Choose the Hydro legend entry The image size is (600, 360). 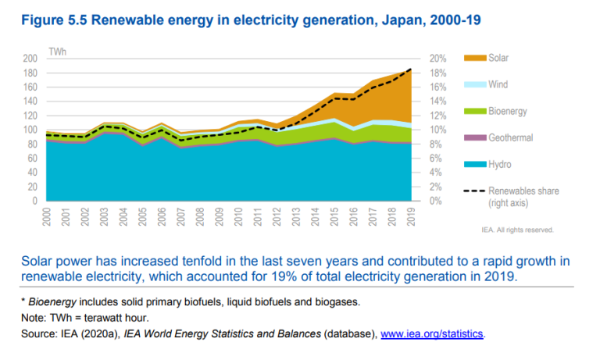click(500, 164)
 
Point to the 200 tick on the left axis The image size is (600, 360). click(31, 59)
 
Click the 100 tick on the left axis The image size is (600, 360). click(31, 130)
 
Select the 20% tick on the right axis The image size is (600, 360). click(436, 59)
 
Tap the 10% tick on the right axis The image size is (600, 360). click(436, 130)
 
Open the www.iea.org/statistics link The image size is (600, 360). click(432, 335)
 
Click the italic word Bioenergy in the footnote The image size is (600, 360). click(51, 301)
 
